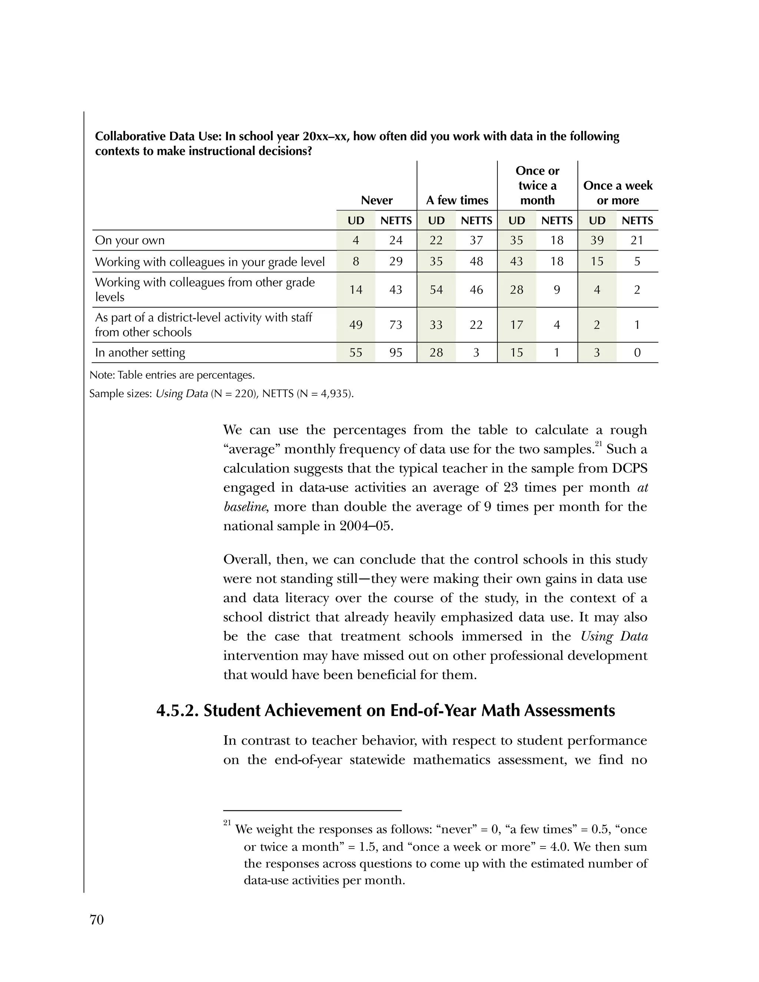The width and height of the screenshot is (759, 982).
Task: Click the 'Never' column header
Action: coord(377,200)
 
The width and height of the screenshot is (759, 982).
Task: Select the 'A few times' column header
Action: coord(457,200)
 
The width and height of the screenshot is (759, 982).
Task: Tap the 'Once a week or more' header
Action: coord(617,193)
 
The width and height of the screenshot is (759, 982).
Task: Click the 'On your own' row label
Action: coord(130,240)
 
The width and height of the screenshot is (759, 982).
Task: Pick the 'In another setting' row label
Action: coord(140,352)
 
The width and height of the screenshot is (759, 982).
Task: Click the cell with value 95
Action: coord(396,352)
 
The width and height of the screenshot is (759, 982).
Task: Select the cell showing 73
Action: coord(396,325)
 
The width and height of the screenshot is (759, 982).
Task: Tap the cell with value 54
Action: coord(436,289)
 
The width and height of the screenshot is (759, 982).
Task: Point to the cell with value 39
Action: coord(597,240)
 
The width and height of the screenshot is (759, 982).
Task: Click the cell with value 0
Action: coord(637,352)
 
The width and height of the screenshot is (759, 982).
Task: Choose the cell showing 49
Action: coord(356,325)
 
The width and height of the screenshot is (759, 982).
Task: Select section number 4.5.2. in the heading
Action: coord(177,710)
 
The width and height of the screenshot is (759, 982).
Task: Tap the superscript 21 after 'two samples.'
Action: coord(598,444)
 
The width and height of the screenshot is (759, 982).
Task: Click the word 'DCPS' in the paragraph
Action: coord(630,468)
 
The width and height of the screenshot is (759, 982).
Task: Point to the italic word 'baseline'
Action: coord(245,507)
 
